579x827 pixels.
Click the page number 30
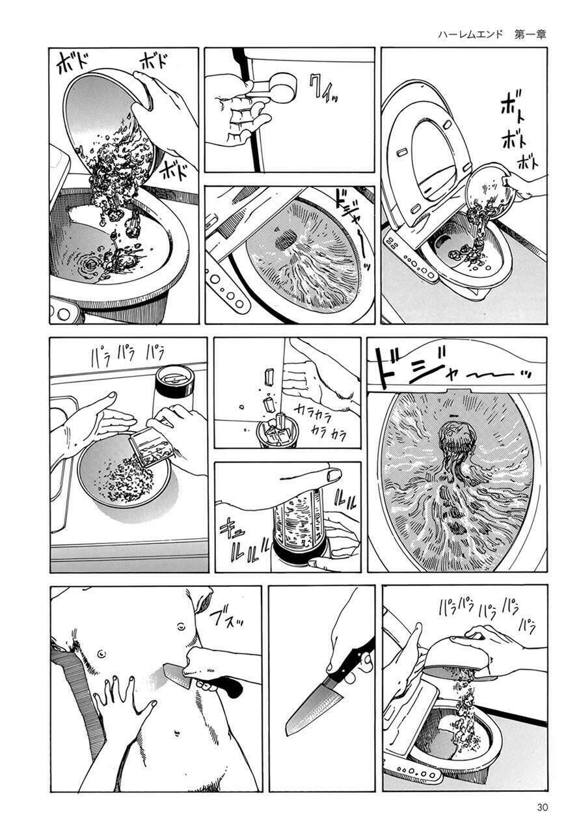543,807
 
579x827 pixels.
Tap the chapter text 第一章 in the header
530,34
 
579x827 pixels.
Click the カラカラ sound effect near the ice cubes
319,420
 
